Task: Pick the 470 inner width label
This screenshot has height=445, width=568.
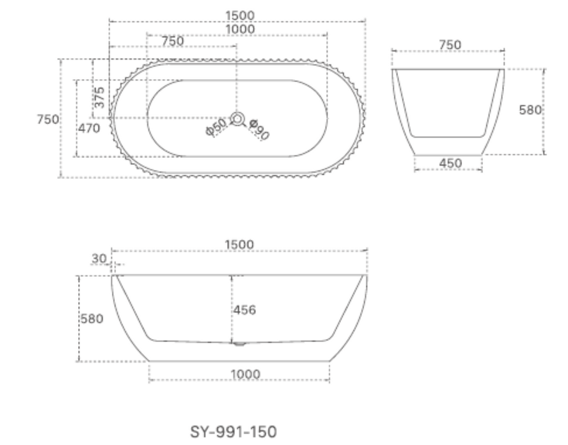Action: (89, 128)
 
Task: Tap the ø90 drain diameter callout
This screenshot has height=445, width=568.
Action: (258, 129)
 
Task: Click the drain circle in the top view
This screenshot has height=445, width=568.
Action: (237, 118)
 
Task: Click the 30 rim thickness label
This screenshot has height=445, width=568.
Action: (99, 258)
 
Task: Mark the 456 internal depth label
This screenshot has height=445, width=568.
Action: (245, 310)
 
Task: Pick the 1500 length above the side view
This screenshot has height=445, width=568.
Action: (240, 245)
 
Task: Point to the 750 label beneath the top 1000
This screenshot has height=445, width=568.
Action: (173, 41)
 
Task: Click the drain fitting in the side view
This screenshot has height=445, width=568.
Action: (239, 344)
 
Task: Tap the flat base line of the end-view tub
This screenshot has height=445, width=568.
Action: (448, 155)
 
